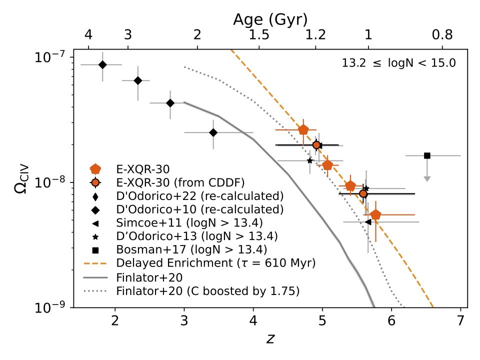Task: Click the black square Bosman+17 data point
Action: [x=427, y=155]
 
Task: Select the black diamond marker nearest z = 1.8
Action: [x=102, y=64]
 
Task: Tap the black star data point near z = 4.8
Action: [x=310, y=160]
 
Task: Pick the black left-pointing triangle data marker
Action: [x=368, y=221]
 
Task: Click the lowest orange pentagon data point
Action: [x=376, y=215]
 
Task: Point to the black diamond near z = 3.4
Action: [x=213, y=132]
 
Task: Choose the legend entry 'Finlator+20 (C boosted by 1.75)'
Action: [x=207, y=290]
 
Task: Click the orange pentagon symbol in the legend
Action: [x=95, y=168]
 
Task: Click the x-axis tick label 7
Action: [x=460, y=321]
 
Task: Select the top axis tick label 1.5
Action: [x=259, y=35]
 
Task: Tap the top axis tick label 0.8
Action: [x=442, y=35]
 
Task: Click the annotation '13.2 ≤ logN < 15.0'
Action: [x=398, y=63]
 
